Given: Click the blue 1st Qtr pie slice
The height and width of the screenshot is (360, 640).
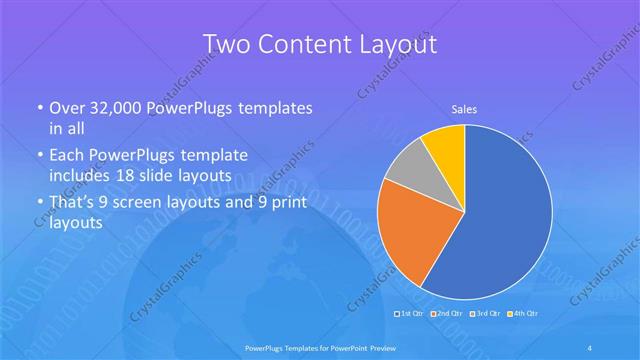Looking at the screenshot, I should coord(505,220).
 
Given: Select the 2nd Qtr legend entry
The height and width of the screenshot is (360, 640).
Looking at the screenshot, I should coord(448,314).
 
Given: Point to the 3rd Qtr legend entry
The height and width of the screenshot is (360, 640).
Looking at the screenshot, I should coord(484,314).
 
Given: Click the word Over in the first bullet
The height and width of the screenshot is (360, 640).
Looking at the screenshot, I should coord(67,108).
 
